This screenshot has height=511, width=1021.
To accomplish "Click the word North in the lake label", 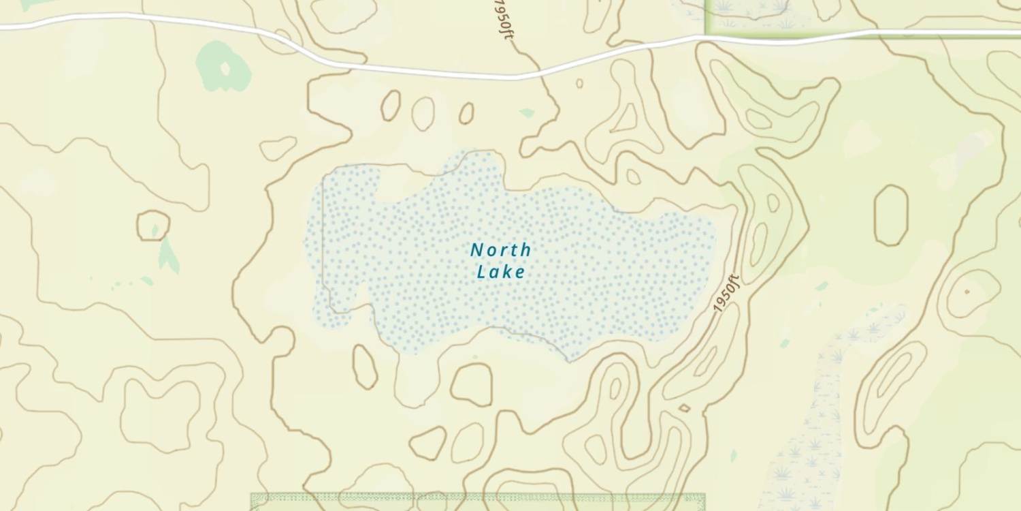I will pyautogui.click(x=500, y=250).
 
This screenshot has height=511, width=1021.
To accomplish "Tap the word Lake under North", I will pyautogui.click(x=500, y=272).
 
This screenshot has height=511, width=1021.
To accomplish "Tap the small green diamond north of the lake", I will pyautogui.click(x=527, y=112).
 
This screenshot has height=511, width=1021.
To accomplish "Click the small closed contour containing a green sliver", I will pyautogui.click(x=153, y=226).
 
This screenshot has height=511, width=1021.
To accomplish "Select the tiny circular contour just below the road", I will pyautogui.click(x=579, y=83).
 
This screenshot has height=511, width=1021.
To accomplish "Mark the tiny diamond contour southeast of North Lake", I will pyautogui.click(x=684, y=408).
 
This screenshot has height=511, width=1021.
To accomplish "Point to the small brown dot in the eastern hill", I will pyautogui.click(x=967, y=292).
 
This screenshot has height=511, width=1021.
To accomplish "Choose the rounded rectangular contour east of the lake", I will pyautogui.click(x=891, y=215).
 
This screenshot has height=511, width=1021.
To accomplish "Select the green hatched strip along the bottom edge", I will pyautogui.click(x=476, y=501).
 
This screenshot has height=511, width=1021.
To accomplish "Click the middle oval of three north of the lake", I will pyautogui.click(x=423, y=113).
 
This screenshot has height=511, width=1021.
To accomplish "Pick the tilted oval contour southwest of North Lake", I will pyautogui.click(x=365, y=367).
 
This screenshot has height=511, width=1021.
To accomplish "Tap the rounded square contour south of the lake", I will pyautogui.click(x=471, y=384).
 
